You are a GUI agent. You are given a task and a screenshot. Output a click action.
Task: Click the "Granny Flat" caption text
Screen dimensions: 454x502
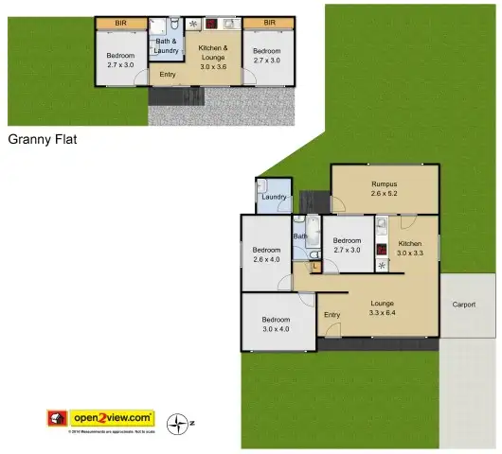click(43, 139)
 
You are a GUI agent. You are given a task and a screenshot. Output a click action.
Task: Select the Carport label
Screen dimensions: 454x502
click(464, 305)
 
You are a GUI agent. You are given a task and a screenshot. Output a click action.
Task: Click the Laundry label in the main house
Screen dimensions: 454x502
click(274, 197)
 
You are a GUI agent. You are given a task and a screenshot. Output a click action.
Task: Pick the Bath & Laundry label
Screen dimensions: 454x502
click(167, 46)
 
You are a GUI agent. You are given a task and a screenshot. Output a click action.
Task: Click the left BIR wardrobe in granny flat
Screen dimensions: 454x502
click(120, 22)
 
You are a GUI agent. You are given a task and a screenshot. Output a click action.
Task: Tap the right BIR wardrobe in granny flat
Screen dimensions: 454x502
click(269, 22)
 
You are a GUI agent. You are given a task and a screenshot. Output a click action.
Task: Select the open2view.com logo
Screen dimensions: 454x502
click(117, 417)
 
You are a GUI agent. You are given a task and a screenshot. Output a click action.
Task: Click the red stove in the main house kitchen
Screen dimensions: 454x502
click(381, 251)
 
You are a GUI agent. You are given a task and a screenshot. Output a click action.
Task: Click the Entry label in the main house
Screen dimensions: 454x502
click(332, 315)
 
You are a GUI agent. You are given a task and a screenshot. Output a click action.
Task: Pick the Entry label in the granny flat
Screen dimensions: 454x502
click(168, 75)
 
